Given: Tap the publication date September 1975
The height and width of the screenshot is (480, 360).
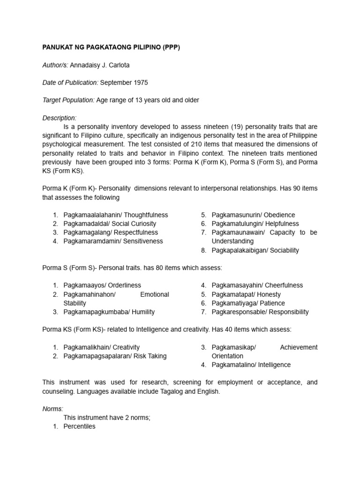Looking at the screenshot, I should [x=124, y=82].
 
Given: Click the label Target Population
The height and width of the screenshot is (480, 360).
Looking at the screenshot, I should [x=68, y=100].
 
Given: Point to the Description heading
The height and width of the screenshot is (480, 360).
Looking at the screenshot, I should [x=59, y=118].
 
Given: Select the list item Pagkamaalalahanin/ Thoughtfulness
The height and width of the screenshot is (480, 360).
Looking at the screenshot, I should [x=115, y=215].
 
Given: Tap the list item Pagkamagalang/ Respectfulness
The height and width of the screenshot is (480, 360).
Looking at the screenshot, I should [x=111, y=232].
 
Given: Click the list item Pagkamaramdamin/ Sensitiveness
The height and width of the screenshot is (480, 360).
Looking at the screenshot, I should [x=113, y=241].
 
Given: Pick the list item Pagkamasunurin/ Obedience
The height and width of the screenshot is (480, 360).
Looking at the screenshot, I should [x=253, y=215].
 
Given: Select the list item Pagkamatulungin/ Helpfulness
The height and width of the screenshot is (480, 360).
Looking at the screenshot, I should [x=255, y=224].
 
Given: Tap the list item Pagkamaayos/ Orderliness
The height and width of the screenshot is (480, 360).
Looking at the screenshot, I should [x=102, y=285].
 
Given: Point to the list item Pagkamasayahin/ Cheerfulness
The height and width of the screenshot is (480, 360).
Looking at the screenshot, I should [x=257, y=285].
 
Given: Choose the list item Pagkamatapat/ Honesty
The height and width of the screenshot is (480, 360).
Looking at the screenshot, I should [x=246, y=294].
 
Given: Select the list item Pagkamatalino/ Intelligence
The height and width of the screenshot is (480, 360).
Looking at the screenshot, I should [x=251, y=365].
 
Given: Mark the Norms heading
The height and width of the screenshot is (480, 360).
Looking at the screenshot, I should [x=52, y=409].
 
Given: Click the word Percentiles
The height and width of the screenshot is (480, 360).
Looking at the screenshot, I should [x=79, y=427].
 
